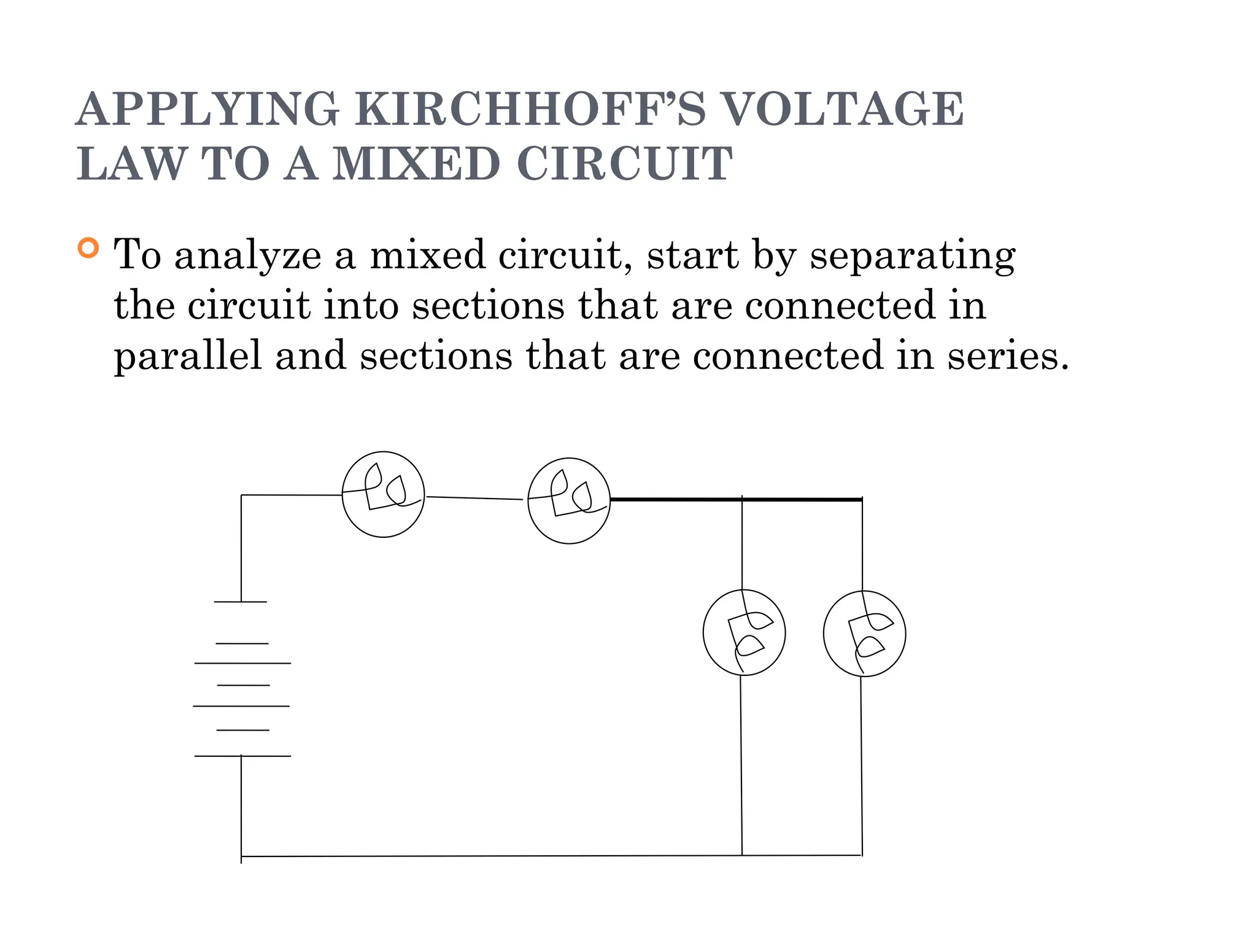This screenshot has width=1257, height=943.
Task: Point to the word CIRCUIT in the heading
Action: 625,164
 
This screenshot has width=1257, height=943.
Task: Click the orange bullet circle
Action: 88,248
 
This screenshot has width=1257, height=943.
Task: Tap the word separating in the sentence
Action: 912,255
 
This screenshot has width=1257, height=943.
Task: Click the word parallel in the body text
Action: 188,356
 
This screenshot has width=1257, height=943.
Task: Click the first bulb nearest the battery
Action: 383,494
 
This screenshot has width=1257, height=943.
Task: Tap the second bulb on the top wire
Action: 569,500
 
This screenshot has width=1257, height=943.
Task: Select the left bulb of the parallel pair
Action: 744,632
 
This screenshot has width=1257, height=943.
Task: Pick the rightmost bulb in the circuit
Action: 864,634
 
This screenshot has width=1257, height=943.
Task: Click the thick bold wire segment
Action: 737,500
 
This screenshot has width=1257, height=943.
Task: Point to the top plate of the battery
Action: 241,602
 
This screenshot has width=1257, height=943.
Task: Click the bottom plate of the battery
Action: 242,756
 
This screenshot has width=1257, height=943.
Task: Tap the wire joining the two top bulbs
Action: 474,498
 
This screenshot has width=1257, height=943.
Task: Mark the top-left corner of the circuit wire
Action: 241,495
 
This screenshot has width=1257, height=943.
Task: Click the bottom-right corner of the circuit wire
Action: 862,855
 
